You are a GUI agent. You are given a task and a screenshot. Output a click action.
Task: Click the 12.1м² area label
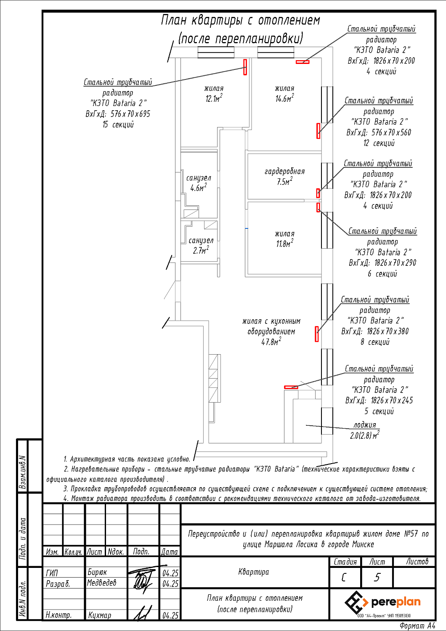(x=214, y=98)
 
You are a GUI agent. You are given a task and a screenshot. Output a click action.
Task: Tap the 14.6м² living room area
(x=284, y=98)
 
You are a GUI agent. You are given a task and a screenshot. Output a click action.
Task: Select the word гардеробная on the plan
(x=284, y=171)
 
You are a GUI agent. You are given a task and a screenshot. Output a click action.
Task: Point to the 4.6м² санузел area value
(x=198, y=187)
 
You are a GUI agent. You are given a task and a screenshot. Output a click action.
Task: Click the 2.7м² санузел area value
(x=201, y=250)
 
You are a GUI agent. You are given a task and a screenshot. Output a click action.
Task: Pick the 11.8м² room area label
(x=284, y=244)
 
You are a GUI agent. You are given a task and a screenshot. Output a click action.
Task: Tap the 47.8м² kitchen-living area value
(x=271, y=342)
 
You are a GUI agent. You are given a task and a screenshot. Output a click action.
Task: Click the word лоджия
(x=365, y=424)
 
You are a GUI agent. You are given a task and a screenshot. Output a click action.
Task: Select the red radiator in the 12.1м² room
(x=245, y=67)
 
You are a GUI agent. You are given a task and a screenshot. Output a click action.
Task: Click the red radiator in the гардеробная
(x=318, y=193)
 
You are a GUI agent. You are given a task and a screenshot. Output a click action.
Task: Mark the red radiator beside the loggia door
(x=291, y=387)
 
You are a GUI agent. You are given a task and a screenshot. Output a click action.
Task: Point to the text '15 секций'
(x=118, y=125)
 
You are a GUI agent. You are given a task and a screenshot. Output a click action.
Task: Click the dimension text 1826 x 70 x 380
(x=388, y=331)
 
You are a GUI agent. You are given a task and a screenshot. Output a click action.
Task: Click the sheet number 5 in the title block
(x=377, y=578)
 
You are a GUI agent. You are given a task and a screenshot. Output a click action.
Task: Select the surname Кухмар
(x=99, y=615)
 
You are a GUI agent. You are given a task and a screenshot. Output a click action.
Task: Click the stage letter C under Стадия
(x=343, y=578)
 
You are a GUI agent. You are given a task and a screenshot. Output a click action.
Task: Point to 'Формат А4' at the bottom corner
(x=417, y=626)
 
